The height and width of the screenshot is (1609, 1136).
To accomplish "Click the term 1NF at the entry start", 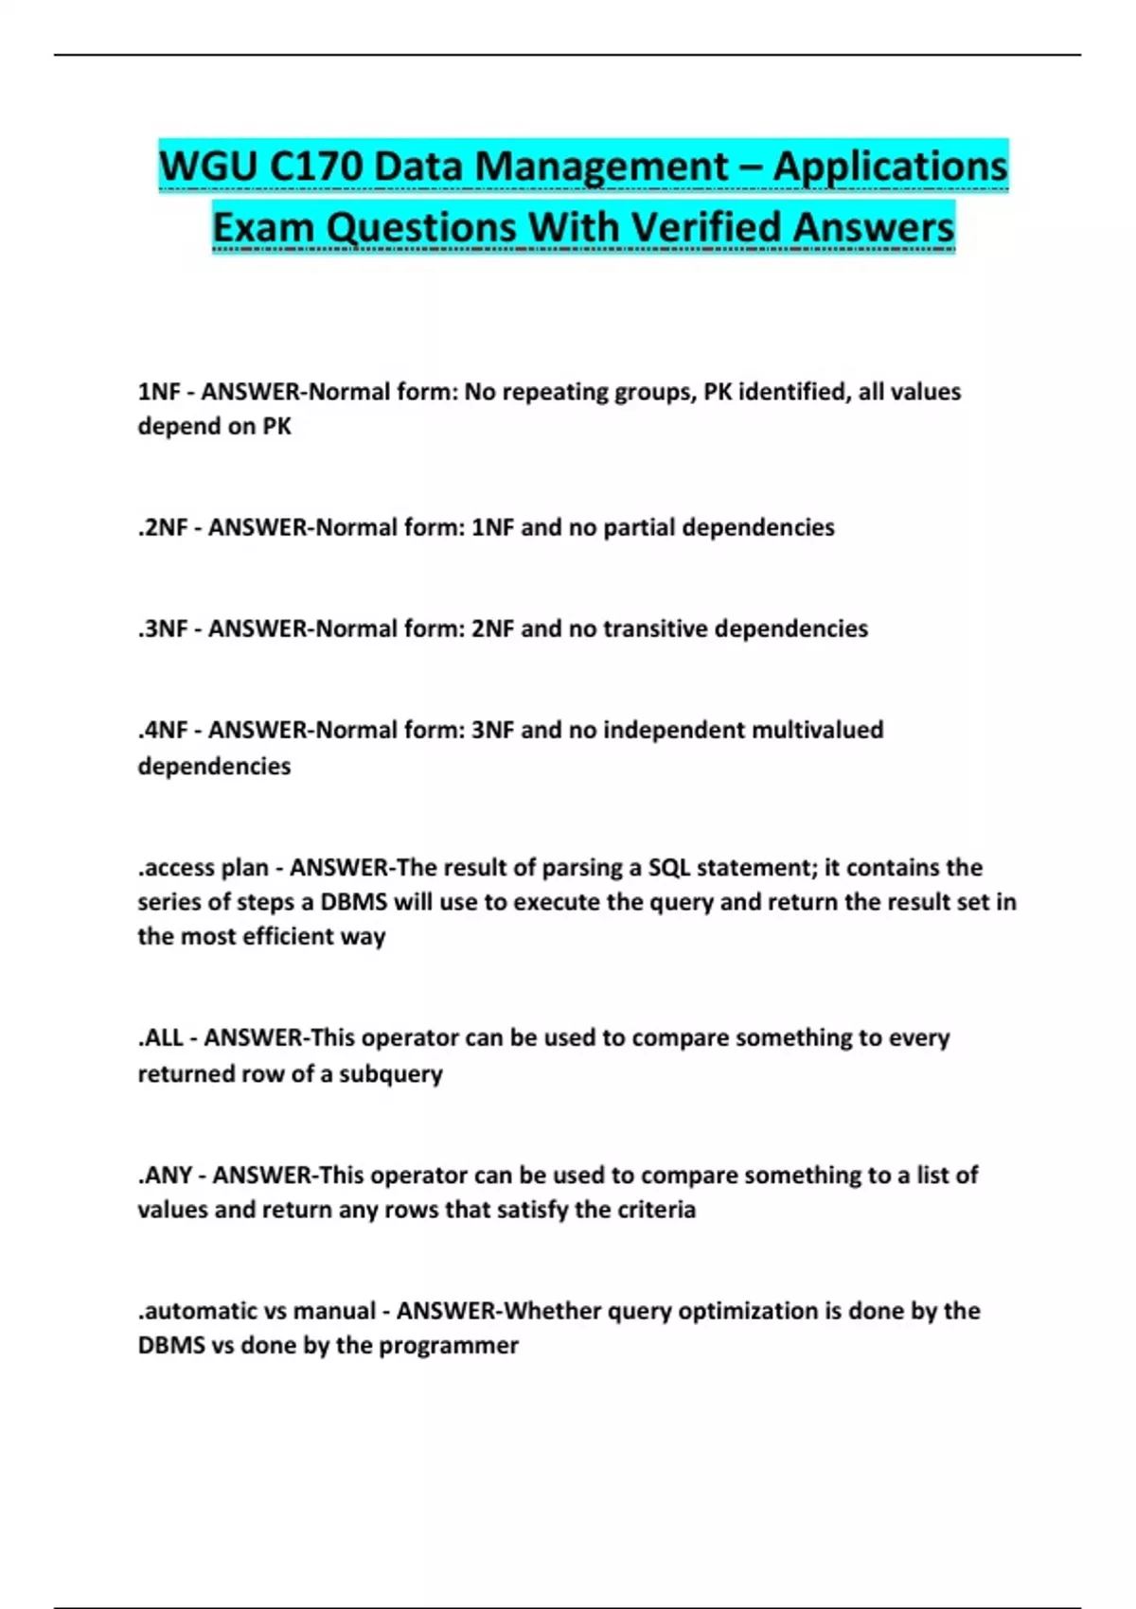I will pyautogui.click(x=159, y=392).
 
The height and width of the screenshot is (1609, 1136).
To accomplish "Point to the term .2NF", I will pyautogui.click(x=163, y=527).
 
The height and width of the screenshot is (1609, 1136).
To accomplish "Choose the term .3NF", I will pyautogui.click(x=163, y=628).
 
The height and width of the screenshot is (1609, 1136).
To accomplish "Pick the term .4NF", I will pyautogui.click(x=163, y=730).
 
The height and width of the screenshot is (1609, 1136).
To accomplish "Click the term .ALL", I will pyautogui.click(x=160, y=1038).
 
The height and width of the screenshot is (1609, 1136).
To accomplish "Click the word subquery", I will pyautogui.click(x=391, y=1074).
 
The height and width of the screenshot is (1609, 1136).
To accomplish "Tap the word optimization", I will pyautogui.click(x=748, y=1311).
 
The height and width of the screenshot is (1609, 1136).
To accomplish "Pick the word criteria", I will pyautogui.click(x=656, y=1210).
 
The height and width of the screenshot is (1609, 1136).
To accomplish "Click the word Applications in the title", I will pyautogui.click(x=890, y=167).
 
